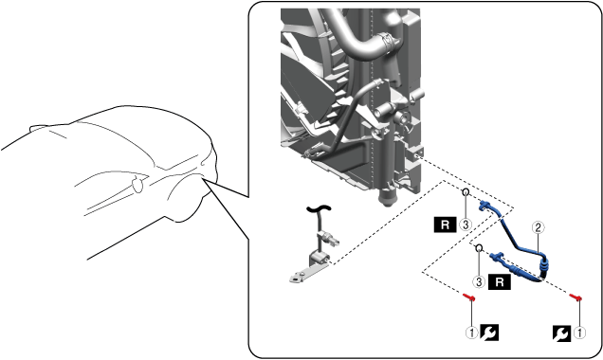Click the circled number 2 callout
(x=538, y=227)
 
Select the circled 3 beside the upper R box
(x=466, y=225)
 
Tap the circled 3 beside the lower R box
(x=479, y=282)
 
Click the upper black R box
(x=446, y=225)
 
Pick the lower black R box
(x=500, y=282)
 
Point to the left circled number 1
(x=472, y=333)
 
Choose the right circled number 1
(x=579, y=333)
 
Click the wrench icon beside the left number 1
(x=489, y=333)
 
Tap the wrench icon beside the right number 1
(x=562, y=333)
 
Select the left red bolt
(x=469, y=297)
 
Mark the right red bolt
(x=576, y=297)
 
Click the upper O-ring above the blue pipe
(x=466, y=191)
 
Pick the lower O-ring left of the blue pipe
(x=479, y=248)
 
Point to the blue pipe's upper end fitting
(x=485, y=206)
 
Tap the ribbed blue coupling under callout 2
(x=544, y=264)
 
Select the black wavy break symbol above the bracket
(x=319, y=208)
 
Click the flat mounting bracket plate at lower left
(x=306, y=273)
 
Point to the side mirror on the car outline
(x=137, y=184)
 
